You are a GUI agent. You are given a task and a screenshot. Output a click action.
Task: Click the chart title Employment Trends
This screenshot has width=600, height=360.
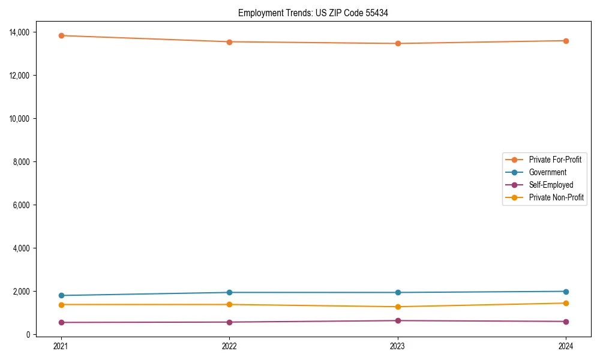(x=313, y=13)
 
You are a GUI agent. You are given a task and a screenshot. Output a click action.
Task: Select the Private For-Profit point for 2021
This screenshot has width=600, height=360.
(x=61, y=35)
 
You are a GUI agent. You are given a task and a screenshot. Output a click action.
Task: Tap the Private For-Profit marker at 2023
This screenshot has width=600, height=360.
(x=398, y=43)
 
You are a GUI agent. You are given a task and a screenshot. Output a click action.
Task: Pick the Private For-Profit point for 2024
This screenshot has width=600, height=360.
(x=566, y=41)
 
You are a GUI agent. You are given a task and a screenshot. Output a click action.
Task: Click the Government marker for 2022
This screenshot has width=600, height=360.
(x=229, y=292)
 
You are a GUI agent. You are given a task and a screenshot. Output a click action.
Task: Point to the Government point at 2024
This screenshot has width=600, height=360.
(x=566, y=292)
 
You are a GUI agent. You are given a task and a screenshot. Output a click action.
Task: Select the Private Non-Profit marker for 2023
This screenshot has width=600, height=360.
(x=398, y=307)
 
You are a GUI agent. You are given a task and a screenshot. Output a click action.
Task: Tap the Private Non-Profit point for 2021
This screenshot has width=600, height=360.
(x=61, y=305)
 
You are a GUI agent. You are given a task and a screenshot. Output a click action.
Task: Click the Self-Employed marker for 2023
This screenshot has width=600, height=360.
(x=398, y=320)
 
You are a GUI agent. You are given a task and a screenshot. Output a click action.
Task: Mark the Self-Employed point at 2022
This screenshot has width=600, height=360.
(x=229, y=322)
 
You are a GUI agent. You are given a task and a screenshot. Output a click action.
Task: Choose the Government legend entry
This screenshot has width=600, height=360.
(x=547, y=172)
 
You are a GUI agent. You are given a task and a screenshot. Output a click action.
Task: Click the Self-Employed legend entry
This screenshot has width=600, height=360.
(x=551, y=185)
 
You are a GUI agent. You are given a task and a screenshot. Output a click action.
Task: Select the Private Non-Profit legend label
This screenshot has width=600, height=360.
(x=556, y=197)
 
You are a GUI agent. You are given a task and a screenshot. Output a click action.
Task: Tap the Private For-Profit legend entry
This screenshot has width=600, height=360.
(x=555, y=160)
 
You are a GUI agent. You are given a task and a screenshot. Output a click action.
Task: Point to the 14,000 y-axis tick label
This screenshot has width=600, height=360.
(x=23, y=32)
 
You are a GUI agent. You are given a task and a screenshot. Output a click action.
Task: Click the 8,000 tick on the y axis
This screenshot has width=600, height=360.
(x=25, y=161)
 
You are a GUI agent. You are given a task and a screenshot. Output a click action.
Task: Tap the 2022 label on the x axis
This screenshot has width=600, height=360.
(x=229, y=346)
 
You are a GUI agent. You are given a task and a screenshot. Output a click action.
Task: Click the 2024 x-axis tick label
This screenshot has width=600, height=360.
(x=566, y=346)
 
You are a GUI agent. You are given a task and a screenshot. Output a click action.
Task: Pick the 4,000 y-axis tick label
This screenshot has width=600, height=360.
(x=25, y=248)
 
